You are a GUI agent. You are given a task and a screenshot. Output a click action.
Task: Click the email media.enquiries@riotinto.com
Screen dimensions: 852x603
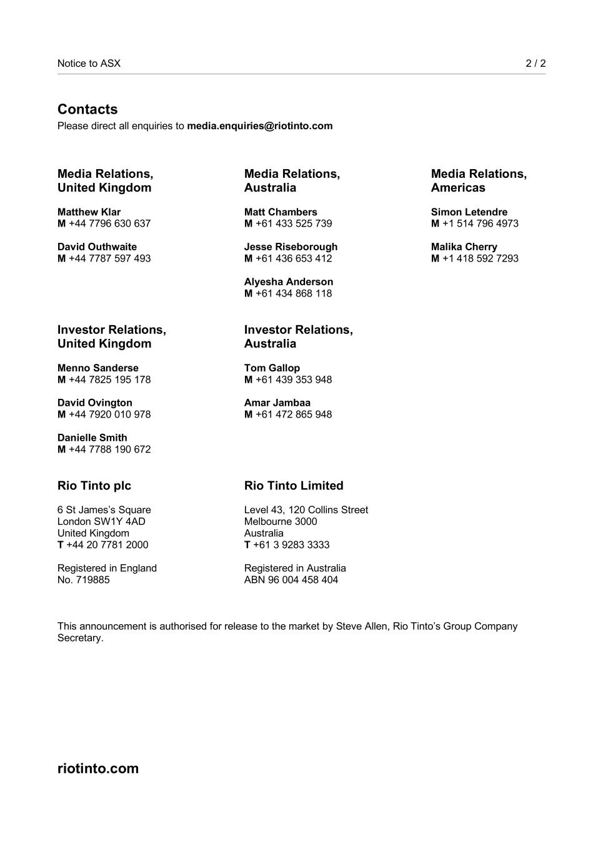click(x=259, y=126)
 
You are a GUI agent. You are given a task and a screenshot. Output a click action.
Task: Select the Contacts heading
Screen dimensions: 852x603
click(x=87, y=109)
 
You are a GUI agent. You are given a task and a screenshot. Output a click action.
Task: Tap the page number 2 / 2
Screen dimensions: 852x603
click(x=536, y=63)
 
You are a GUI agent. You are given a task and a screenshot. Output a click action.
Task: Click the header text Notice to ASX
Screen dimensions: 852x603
click(x=89, y=63)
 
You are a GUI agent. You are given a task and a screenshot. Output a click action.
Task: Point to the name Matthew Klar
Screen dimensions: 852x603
click(x=89, y=212)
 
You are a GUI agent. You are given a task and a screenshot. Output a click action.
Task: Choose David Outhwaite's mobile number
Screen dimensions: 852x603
click(x=109, y=258)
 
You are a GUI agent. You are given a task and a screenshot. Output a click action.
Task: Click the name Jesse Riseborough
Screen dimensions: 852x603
click(x=291, y=247)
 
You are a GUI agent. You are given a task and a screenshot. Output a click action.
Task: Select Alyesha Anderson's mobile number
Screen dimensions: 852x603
click(x=294, y=293)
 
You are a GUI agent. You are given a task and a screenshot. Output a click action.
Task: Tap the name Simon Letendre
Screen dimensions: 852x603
click(x=469, y=212)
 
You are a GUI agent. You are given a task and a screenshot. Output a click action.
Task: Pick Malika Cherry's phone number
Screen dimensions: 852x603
click(x=480, y=258)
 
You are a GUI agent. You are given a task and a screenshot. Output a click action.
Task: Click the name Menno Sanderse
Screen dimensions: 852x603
click(x=98, y=368)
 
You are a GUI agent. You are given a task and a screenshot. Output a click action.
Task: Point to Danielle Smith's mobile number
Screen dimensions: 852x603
click(x=109, y=449)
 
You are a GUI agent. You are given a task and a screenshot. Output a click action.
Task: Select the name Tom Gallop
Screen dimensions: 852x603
click(x=272, y=368)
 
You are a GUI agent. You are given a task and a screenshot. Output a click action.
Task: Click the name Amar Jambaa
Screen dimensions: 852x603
click(x=277, y=403)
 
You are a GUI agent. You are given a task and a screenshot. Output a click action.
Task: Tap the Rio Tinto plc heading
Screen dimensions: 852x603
click(x=94, y=486)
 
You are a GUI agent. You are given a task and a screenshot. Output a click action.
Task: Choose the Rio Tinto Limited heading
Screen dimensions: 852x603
click(x=294, y=486)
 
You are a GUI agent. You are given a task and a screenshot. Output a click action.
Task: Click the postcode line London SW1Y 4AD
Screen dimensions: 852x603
click(x=101, y=522)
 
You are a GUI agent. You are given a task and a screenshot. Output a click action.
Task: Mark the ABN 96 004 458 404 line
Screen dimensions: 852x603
click(x=291, y=580)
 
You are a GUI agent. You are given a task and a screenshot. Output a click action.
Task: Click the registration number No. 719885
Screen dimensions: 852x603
click(x=83, y=580)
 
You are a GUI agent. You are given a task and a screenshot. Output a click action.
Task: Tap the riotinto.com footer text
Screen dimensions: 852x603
click(x=98, y=768)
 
